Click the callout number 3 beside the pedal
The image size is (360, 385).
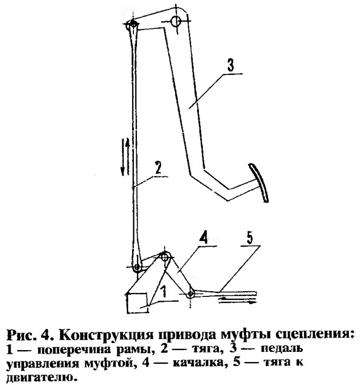(x=230, y=66)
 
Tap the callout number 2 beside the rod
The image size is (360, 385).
(x=158, y=168)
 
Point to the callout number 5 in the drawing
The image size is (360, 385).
(x=249, y=238)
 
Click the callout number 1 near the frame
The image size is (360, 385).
(x=164, y=292)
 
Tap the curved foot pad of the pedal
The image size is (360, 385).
(x=260, y=182)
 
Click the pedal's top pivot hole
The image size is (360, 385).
(x=176, y=21)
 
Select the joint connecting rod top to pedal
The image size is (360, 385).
(x=133, y=25)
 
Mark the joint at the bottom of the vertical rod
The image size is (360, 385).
(x=137, y=267)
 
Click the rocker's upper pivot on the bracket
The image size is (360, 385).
(x=165, y=257)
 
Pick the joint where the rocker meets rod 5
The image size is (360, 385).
(x=191, y=293)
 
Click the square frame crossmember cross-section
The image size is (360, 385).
(x=137, y=303)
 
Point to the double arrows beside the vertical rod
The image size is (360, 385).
(x=125, y=158)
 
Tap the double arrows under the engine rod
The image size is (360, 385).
(x=237, y=301)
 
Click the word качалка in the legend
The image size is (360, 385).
(x=199, y=363)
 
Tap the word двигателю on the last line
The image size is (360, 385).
(x=40, y=377)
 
